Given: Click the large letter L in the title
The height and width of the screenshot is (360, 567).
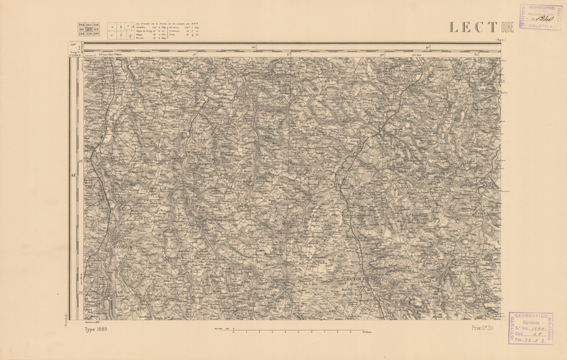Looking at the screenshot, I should click(454, 27).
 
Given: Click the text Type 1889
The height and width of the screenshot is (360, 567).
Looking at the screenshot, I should click(96, 329).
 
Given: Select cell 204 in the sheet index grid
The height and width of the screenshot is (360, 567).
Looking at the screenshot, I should click(81, 25).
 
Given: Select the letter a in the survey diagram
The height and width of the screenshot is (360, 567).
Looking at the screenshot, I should click(112, 27).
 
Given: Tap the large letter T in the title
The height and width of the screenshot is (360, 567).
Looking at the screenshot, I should click(492, 27).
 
